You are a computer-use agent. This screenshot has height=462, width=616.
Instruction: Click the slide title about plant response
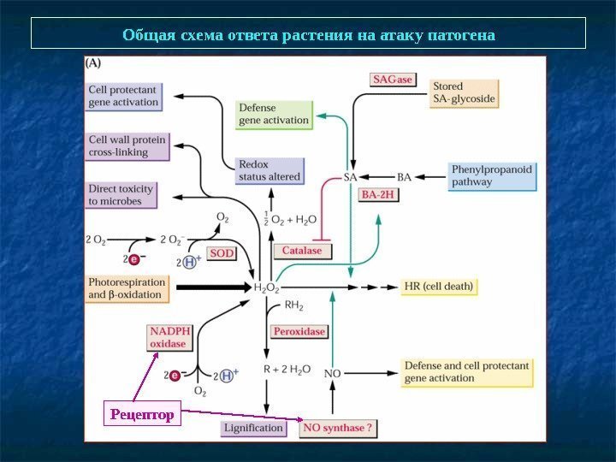pyautogui.click(x=308, y=34)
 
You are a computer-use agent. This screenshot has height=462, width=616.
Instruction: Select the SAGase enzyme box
pyautogui.click(x=393, y=80)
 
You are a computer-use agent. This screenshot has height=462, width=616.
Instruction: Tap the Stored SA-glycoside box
pyautogui.click(x=464, y=92)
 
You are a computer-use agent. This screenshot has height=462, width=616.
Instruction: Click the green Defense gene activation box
pyautogui.click(x=274, y=115)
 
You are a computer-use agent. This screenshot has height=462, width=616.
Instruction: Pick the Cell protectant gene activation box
pyautogui.click(x=123, y=96)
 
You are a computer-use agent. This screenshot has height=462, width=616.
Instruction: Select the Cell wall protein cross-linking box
pyautogui.click(x=127, y=145)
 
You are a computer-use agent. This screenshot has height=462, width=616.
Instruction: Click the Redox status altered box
pyautogui.click(x=269, y=170)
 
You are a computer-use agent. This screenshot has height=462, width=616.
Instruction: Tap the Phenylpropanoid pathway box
pyautogui.click(x=491, y=175)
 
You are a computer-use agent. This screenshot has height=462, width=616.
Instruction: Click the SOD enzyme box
pyautogui.click(x=222, y=253)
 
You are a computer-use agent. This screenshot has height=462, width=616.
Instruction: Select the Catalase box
pyautogui.click(x=302, y=251)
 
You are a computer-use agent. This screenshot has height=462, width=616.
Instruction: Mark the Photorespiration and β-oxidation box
pyautogui.click(x=127, y=287)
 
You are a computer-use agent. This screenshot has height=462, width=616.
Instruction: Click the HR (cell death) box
pyautogui.click(x=438, y=286)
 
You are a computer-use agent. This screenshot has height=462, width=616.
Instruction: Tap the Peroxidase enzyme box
pyautogui.click(x=299, y=330)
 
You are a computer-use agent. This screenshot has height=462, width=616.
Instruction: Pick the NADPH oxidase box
pyautogui.click(x=168, y=337)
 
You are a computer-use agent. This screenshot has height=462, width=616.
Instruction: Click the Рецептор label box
pyautogui.click(x=142, y=415)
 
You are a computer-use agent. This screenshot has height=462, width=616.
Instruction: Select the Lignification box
pyautogui.click(x=253, y=427)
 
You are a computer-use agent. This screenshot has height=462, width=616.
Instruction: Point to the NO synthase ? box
pyautogui.click(x=337, y=428)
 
